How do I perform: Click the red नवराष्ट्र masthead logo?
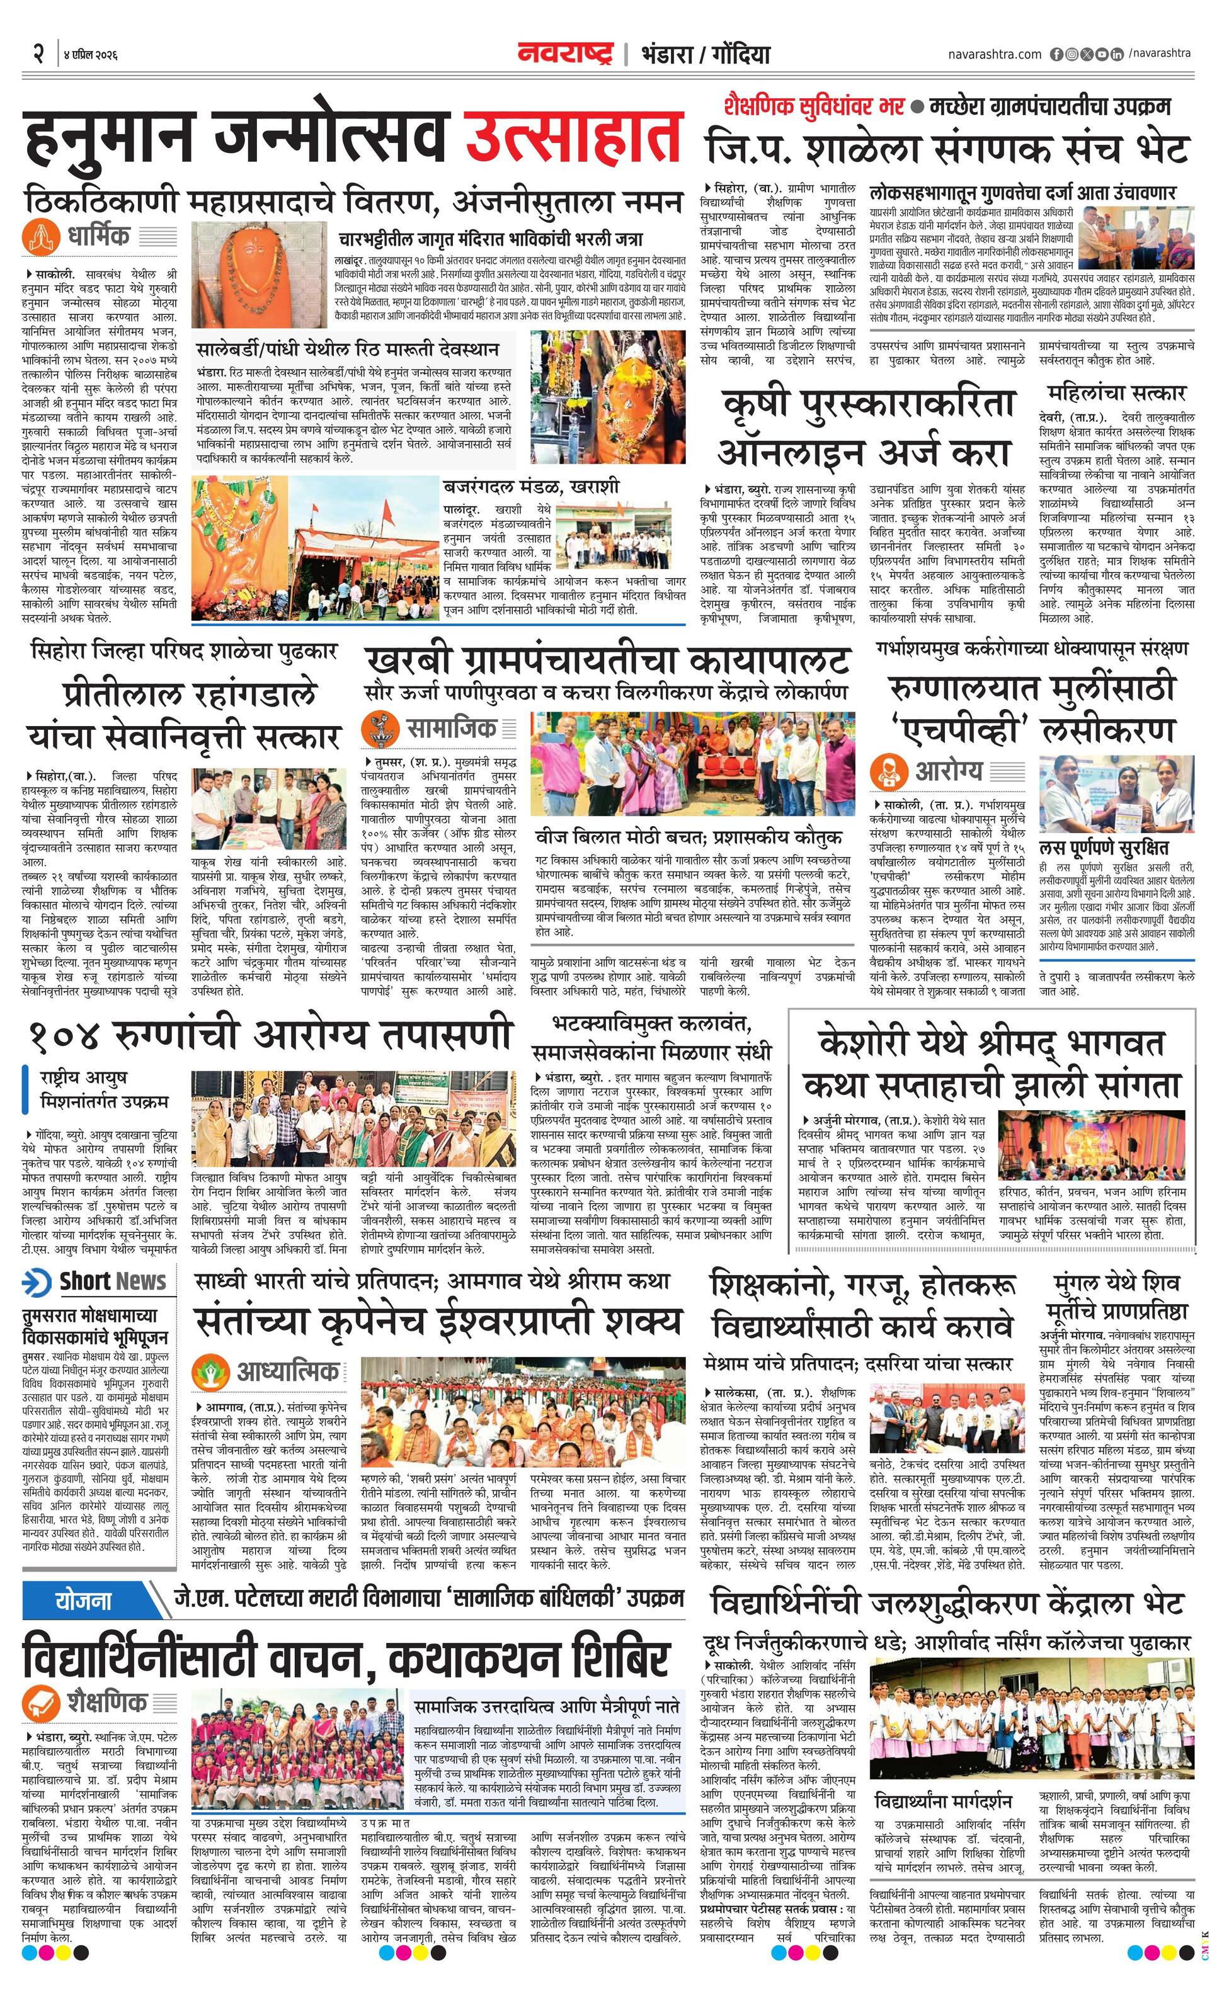pos(566,54)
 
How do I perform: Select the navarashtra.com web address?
pos(994,54)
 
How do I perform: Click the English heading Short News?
pos(112,1282)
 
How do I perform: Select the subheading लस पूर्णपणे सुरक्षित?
pos(1104,848)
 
